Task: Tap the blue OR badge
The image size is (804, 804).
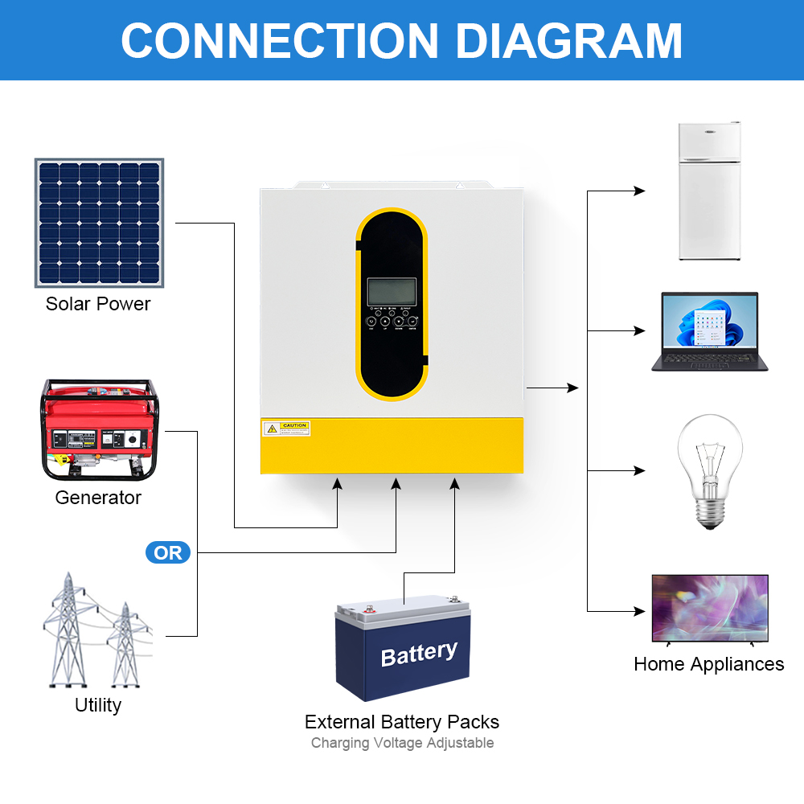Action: (168, 552)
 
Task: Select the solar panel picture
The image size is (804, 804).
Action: (99, 223)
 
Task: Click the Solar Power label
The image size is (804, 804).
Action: (98, 304)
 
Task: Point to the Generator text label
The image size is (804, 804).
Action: (98, 498)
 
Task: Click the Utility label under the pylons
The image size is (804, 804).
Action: (98, 705)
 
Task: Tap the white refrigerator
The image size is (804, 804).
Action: (709, 191)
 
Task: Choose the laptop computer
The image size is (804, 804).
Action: (709, 331)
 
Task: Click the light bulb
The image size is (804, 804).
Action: (709, 470)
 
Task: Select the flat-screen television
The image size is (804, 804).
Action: (709, 609)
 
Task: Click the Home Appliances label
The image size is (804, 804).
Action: (709, 664)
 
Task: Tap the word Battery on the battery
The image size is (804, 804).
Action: (419, 654)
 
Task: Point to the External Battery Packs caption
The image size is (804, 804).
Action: (402, 722)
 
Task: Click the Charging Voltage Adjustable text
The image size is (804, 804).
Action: (402, 743)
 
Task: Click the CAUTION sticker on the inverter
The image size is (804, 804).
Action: (286, 429)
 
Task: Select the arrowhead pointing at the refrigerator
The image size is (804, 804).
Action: (640, 191)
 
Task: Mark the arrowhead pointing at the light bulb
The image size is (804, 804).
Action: (640, 470)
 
